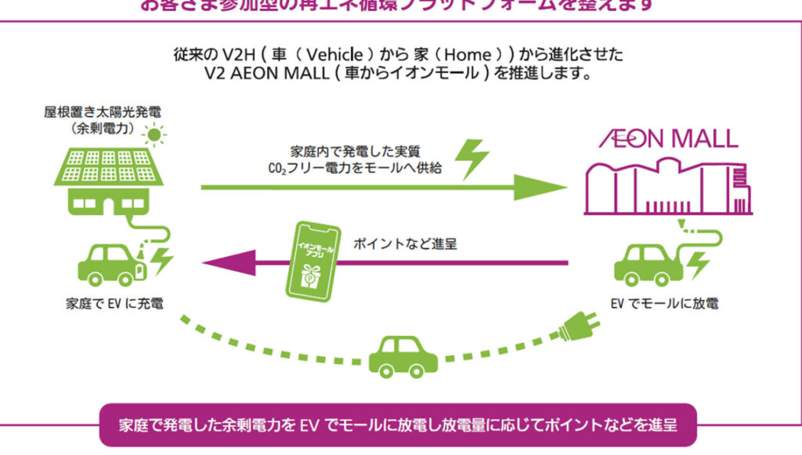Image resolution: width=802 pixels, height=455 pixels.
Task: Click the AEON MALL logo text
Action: coord(669,139)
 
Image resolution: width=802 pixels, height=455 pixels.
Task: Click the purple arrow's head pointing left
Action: coord(215,263)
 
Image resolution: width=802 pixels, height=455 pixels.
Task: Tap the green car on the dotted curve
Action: coord(403,356)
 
